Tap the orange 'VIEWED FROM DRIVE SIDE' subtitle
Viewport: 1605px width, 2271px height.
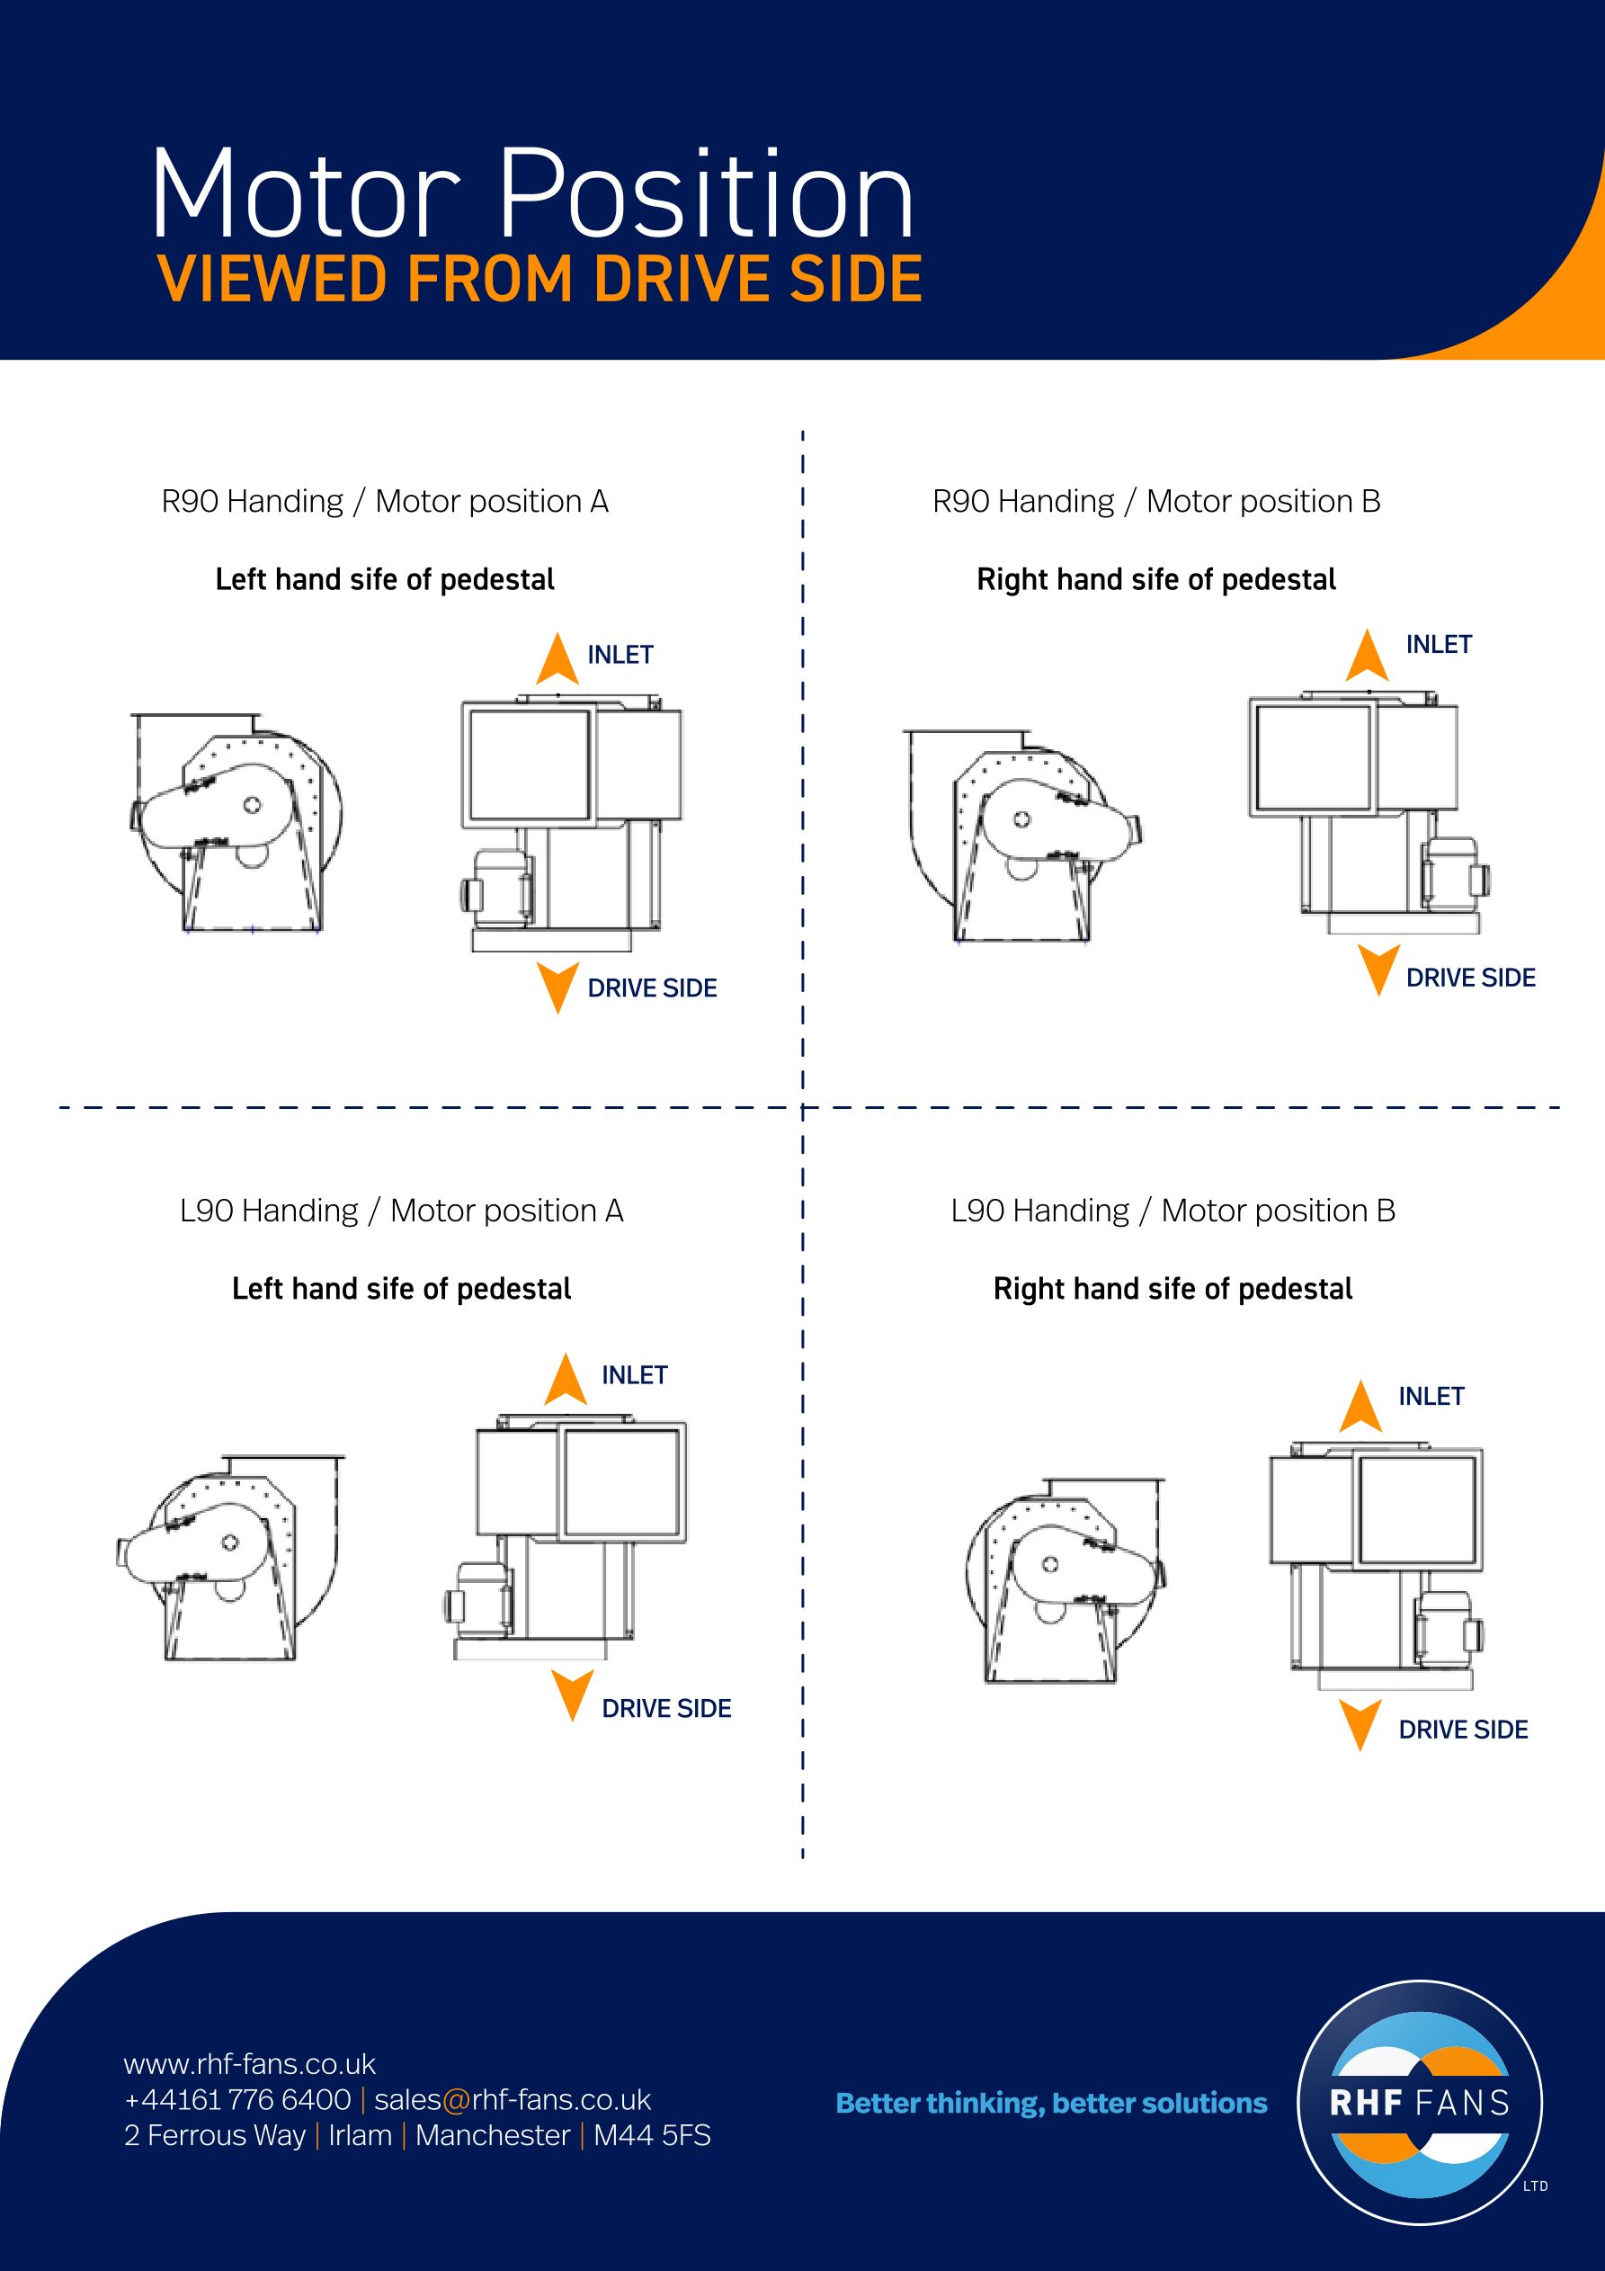tap(539, 279)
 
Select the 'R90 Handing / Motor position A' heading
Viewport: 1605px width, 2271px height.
tap(385, 502)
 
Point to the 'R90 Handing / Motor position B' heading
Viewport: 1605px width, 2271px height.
tap(1156, 502)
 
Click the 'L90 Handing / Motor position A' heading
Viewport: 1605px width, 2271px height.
tap(402, 1211)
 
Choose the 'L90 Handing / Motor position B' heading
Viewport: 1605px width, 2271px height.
tap(1173, 1211)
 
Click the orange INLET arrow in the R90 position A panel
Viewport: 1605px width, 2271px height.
tap(557, 658)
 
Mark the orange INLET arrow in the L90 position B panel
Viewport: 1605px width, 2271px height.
tap(1360, 1407)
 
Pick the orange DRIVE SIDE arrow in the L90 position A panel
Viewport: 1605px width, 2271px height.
tap(573, 1696)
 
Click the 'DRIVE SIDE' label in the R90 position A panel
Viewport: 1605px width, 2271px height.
tap(653, 988)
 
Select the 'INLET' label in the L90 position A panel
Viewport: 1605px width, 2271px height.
tap(635, 1375)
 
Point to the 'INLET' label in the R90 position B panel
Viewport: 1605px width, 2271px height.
tap(1439, 644)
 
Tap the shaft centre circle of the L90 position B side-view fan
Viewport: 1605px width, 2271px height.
tap(1050, 1564)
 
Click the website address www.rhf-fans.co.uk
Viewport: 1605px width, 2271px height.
tap(250, 2063)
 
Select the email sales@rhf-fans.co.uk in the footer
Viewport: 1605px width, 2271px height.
tap(513, 2099)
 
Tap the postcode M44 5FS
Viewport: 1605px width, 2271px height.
tap(652, 2135)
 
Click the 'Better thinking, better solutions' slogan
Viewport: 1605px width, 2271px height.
tap(1051, 2104)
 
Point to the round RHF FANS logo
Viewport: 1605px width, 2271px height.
tap(1420, 2103)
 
